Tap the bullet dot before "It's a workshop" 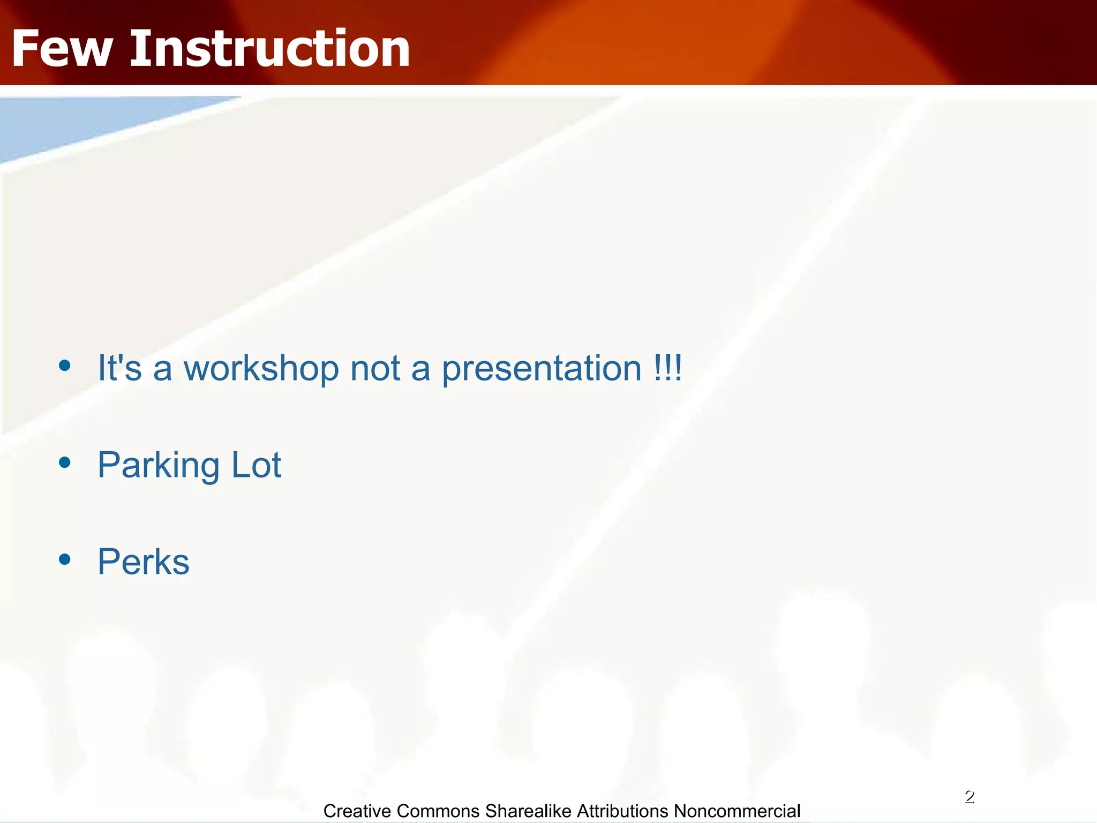pyautogui.click(x=65, y=366)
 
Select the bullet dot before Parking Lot pyautogui.click(x=65, y=462)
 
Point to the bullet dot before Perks pyautogui.click(x=65, y=559)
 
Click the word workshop pyautogui.click(x=261, y=369)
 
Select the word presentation pyautogui.click(x=542, y=369)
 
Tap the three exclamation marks pyautogui.click(x=667, y=368)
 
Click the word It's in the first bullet pyautogui.click(x=119, y=368)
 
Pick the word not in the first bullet pyautogui.click(x=375, y=369)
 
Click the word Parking pyautogui.click(x=159, y=466)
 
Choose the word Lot pyautogui.click(x=256, y=465)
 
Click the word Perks pyautogui.click(x=143, y=562)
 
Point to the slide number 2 pyautogui.click(x=969, y=797)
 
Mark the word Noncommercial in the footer pyautogui.click(x=737, y=811)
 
